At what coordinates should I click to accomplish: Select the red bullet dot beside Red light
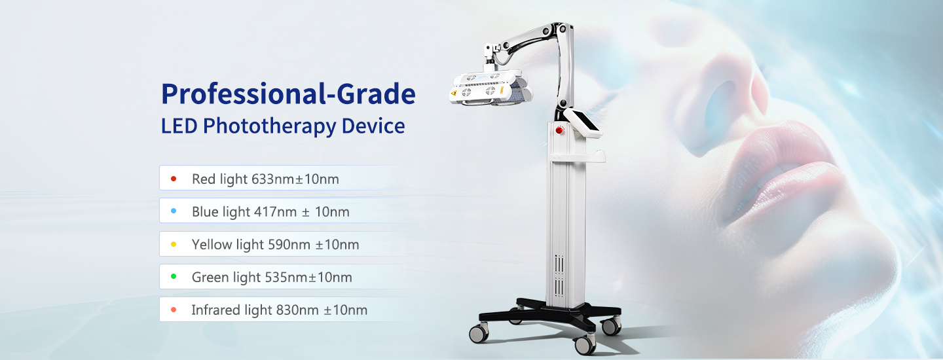[x=174, y=178]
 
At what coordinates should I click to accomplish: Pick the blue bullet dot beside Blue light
[x=174, y=211]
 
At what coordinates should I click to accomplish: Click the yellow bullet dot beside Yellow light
[x=174, y=244]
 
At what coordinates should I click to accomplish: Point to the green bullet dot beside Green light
[x=174, y=277]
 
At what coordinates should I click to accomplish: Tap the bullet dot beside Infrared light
[x=174, y=310]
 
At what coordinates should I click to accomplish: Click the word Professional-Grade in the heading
[x=288, y=94]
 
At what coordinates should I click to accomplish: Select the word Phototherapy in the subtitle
[x=270, y=126]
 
